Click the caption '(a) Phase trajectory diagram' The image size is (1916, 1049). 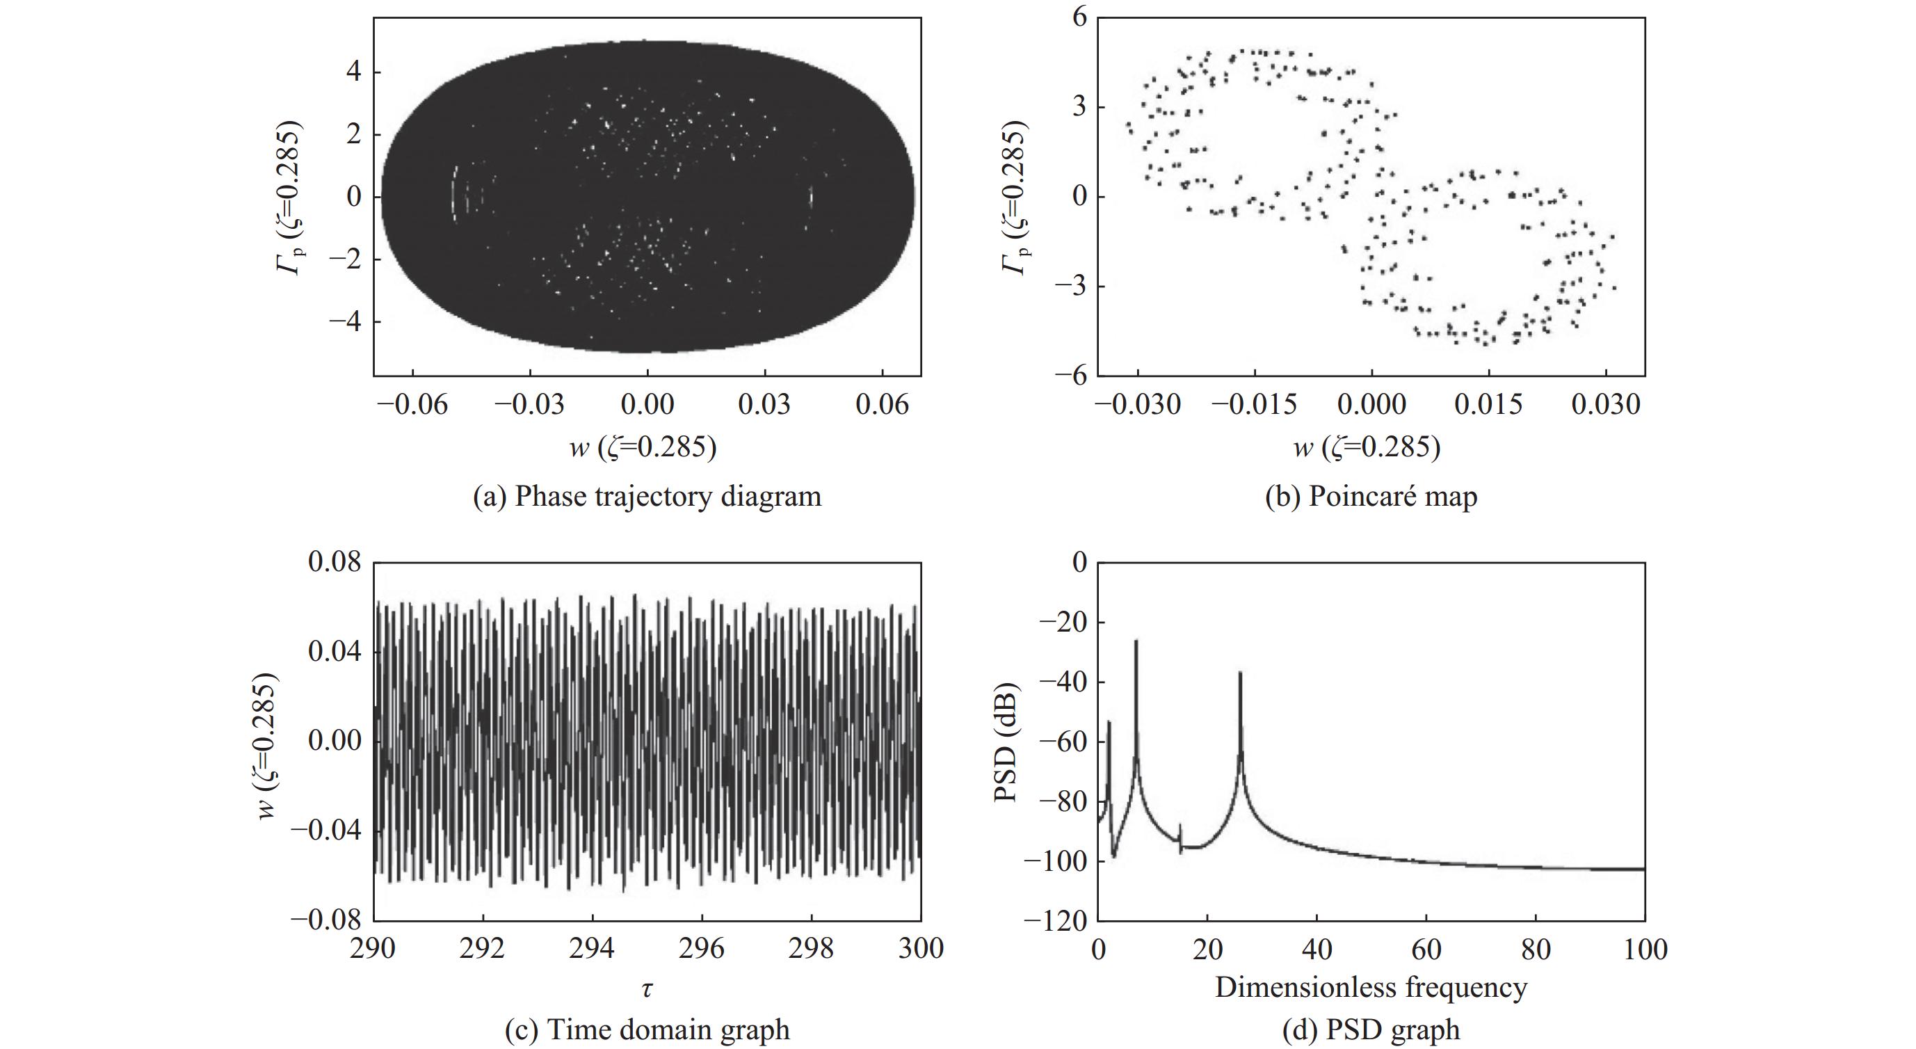click(647, 496)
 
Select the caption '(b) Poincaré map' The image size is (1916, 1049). click(1371, 496)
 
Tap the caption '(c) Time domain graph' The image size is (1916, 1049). click(647, 1029)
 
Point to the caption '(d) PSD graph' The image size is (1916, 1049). click(1371, 1029)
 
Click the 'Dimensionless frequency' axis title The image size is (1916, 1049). click(1371, 987)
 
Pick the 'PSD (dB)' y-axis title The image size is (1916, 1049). click(1006, 741)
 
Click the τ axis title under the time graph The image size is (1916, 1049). click(647, 988)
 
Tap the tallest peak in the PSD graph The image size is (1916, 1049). click(1136, 641)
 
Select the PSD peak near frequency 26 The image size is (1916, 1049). click(1240, 673)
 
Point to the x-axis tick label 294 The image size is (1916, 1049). click(592, 949)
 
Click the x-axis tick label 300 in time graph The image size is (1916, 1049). click(921, 949)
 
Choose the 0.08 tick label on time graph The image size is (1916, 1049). click(335, 563)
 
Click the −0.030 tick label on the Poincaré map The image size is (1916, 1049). click(1138, 405)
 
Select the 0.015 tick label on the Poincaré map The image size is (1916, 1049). click(1488, 405)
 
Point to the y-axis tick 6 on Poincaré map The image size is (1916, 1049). click(1079, 17)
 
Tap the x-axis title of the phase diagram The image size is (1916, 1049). click(643, 447)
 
